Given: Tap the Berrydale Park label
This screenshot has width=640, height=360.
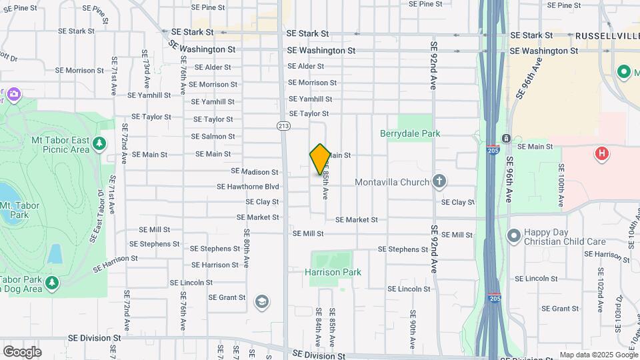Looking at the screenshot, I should [x=410, y=133].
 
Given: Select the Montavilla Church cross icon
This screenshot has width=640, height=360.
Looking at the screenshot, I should [x=439, y=181].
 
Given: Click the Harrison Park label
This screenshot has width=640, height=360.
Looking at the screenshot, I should [x=333, y=272].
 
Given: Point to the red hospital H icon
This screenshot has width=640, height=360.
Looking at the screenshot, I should [x=602, y=154].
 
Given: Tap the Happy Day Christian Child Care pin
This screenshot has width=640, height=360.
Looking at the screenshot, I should [x=513, y=235].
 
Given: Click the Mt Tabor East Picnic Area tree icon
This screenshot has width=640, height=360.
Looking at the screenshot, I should [x=99, y=143].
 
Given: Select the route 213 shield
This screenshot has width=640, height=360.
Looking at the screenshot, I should [x=283, y=125].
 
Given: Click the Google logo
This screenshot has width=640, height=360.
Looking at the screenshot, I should [x=22, y=351].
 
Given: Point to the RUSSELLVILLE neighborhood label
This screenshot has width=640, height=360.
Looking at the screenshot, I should [x=606, y=35].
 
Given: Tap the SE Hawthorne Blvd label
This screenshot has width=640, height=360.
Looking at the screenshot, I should [x=248, y=187].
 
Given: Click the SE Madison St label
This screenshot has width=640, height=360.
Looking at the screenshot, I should [x=255, y=171].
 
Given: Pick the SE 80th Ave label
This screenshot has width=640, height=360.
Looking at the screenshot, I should [x=247, y=249].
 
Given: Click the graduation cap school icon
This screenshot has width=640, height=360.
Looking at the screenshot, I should [x=262, y=303].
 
